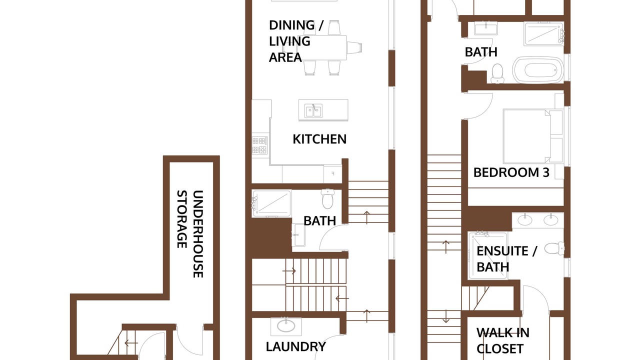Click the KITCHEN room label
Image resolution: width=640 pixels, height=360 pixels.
coord(319,139)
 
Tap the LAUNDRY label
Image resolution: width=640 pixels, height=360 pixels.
coord(295,346)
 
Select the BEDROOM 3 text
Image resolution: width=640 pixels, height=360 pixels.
coord(511,172)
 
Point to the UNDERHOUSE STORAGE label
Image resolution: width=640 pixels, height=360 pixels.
coord(190,233)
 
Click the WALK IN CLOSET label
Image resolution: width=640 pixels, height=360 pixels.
coord(503,340)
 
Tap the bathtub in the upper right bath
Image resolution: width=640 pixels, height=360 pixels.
coord(538,69)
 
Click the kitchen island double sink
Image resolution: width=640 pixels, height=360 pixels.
coord(313,110)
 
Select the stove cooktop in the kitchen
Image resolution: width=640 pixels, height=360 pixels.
coord(259,145)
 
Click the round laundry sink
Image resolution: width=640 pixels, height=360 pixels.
coord(286,326)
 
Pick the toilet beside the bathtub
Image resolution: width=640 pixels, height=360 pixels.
coord(497,73)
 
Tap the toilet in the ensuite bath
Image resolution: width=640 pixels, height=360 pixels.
coord(554,247)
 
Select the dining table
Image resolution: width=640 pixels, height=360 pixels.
coord(325,47)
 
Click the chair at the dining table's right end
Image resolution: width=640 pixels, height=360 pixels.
coord(354,47)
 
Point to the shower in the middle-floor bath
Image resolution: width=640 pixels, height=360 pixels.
coord(271,203)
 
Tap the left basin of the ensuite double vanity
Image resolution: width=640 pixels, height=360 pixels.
coord(524,219)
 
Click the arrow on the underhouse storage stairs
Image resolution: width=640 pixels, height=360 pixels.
coord(131,343)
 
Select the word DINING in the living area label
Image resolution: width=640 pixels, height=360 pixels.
coord(292,25)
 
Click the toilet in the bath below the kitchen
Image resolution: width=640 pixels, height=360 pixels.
coord(327,198)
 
